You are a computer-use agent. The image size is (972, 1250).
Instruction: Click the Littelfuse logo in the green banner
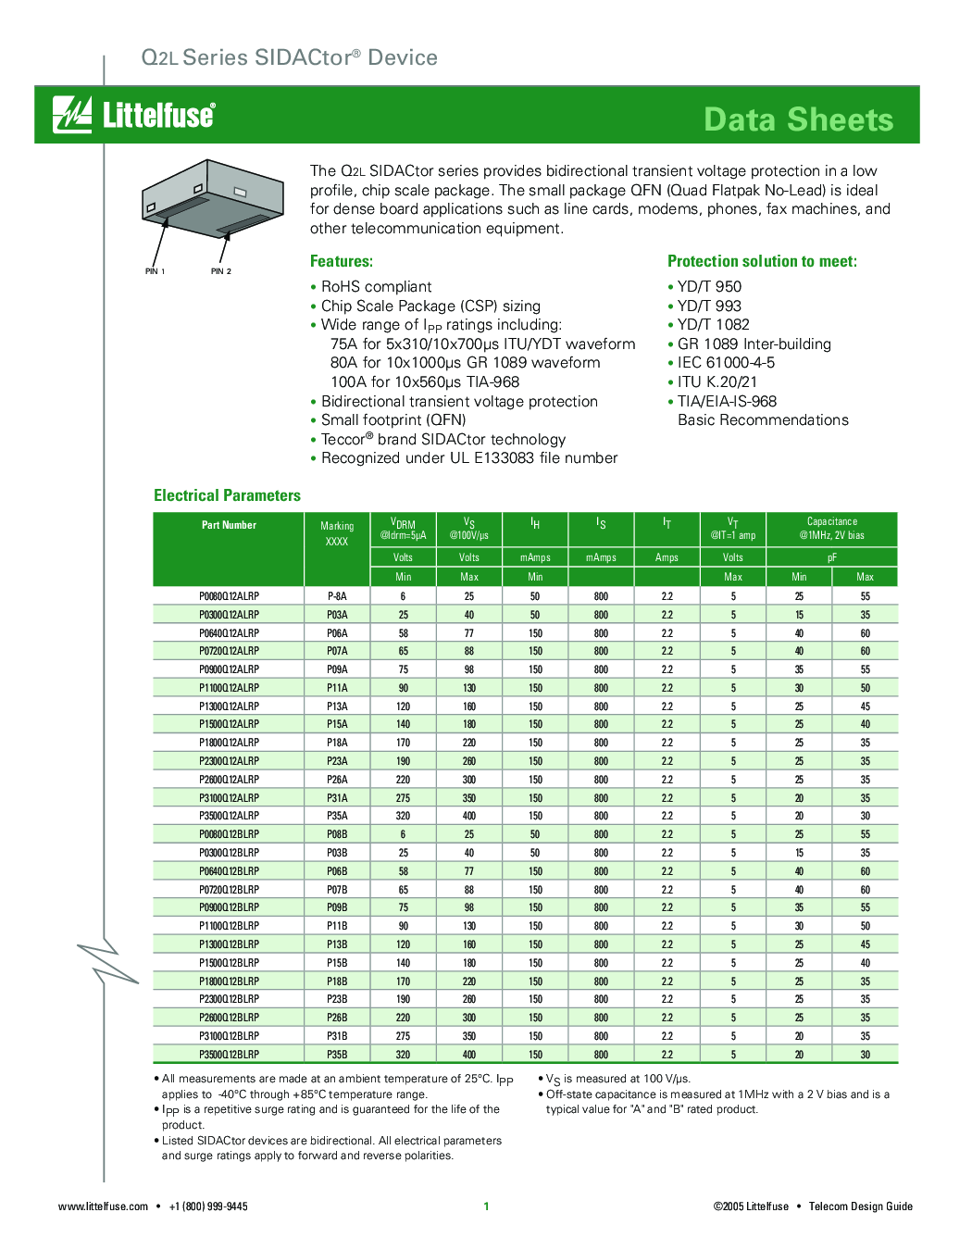[x=134, y=115]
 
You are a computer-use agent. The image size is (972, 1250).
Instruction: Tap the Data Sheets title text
[x=798, y=119]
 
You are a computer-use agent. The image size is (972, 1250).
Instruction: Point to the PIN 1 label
[x=155, y=271]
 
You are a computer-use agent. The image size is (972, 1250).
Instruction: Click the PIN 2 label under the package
[x=221, y=271]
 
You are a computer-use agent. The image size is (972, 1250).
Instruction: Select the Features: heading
[x=342, y=261]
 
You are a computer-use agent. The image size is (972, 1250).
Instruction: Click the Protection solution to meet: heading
[x=762, y=261]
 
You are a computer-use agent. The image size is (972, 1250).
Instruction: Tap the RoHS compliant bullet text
[x=376, y=287]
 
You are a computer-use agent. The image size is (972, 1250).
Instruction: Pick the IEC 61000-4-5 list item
[x=726, y=363]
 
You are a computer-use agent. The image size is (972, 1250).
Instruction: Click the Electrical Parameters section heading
[x=227, y=495]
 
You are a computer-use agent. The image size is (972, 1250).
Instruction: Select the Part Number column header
[x=229, y=525]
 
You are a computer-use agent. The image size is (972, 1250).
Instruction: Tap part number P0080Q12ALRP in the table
[x=229, y=596]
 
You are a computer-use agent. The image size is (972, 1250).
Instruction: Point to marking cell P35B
[x=337, y=1055]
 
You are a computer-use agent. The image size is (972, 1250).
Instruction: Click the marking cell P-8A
[x=337, y=596]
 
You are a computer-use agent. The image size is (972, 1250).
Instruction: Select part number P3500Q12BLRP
[x=229, y=1055]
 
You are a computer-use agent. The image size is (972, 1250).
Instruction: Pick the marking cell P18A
[x=337, y=743]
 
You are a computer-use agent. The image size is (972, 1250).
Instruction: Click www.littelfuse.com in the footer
[x=103, y=1206]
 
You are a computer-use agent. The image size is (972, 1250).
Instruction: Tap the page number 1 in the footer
[x=486, y=1206]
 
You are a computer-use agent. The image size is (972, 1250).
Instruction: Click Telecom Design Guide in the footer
[x=860, y=1206]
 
